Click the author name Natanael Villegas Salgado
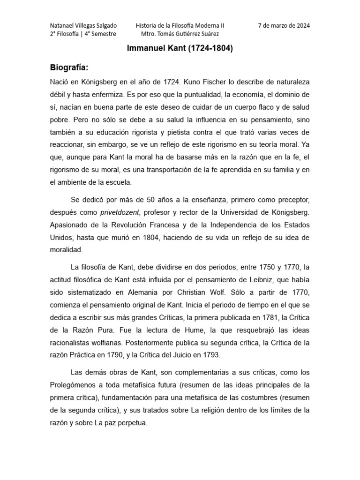(x=83, y=25)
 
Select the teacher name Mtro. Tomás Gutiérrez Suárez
(x=180, y=34)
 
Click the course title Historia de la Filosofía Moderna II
(x=180, y=25)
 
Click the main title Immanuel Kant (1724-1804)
(x=180, y=48)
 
